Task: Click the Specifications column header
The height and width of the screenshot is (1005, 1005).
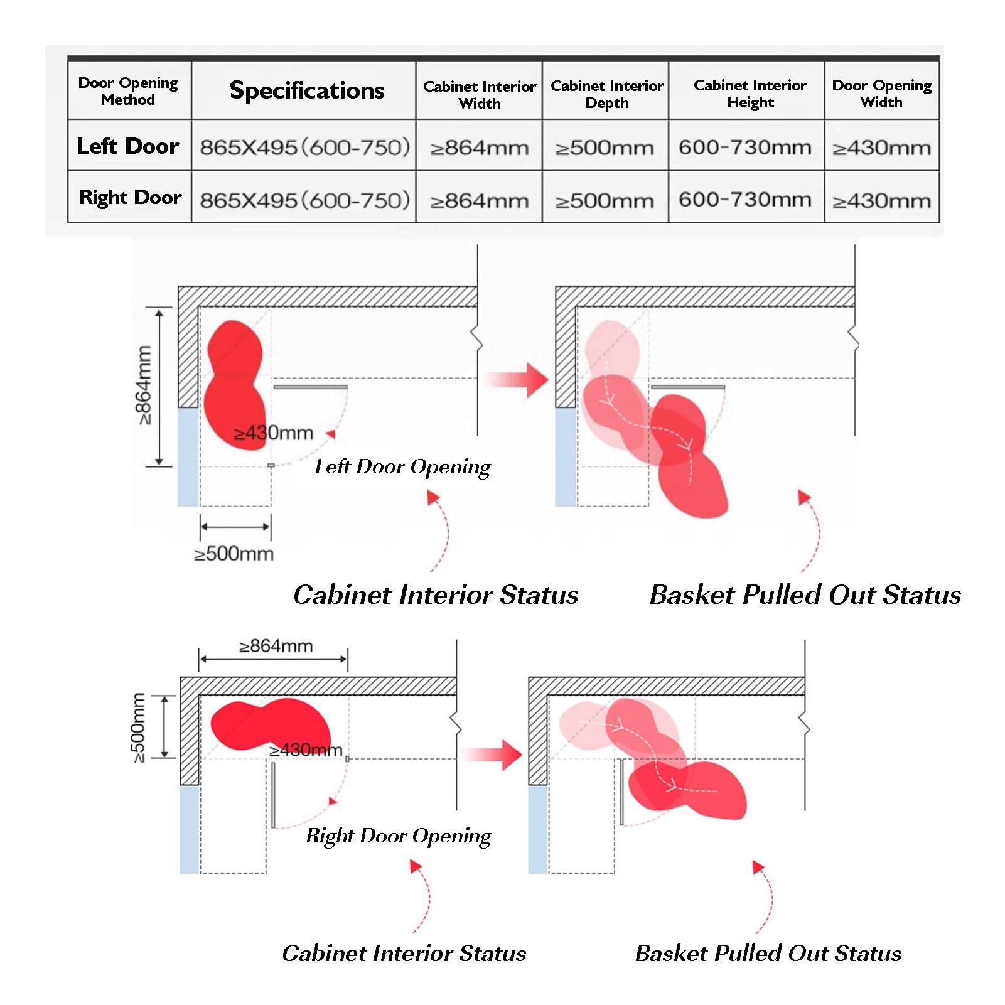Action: point(307,90)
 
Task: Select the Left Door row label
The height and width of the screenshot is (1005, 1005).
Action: point(128,146)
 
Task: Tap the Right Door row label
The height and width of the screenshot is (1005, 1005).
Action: point(130,198)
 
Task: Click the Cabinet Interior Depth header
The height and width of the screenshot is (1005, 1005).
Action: point(607,94)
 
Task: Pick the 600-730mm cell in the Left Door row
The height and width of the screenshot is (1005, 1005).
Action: point(745,148)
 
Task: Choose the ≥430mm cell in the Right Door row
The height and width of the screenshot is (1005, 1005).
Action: point(881,201)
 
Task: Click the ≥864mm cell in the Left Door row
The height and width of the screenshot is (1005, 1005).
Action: point(480,148)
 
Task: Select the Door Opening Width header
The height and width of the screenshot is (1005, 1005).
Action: point(882,94)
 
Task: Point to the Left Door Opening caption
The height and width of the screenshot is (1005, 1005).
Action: point(403,467)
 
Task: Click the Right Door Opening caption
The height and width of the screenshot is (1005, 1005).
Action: point(399,836)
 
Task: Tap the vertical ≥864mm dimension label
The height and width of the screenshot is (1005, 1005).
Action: point(144,385)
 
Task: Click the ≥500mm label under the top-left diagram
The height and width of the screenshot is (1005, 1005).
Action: point(234,554)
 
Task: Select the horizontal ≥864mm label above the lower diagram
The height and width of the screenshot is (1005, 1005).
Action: point(276,646)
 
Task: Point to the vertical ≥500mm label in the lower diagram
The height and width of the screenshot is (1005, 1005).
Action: point(138,728)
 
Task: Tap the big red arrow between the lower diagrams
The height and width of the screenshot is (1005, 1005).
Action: point(493,755)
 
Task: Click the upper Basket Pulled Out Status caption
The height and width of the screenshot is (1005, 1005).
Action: point(805,595)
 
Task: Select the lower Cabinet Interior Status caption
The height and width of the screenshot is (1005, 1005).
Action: point(404,954)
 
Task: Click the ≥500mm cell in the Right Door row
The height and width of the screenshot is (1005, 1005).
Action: point(605,201)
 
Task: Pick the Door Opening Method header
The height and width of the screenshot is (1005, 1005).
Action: point(128,92)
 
